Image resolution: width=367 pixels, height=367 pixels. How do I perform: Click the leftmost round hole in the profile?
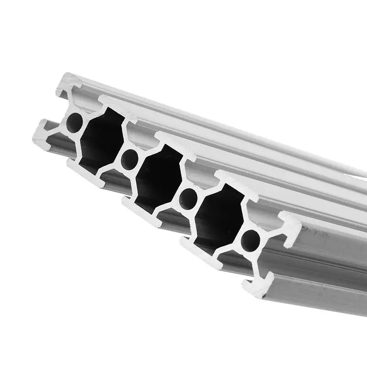pyautogui.click(x=74, y=122)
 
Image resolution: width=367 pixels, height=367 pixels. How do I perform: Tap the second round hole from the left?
pyautogui.click(x=130, y=159)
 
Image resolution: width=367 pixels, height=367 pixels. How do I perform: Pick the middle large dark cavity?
pyautogui.click(x=158, y=179)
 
